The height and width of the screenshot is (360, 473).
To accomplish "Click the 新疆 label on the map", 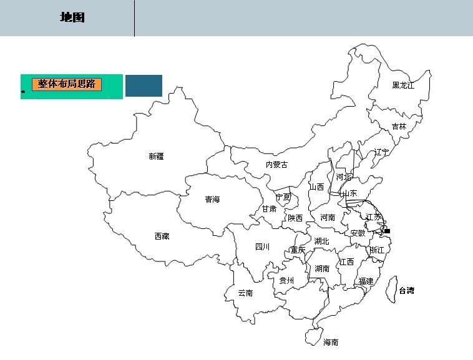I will [x=156, y=157].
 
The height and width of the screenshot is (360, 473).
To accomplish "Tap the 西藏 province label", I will [x=162, y=236].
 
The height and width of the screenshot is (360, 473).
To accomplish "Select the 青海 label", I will [x=213, y=200].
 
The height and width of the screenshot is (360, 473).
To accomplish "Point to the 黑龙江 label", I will [x=403, y=85].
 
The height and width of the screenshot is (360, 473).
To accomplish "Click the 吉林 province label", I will [x=399, y=126].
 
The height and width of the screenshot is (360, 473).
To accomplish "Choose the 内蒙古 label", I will [x=277, y=165].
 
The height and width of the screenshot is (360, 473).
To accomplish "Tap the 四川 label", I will [x=262, y=247].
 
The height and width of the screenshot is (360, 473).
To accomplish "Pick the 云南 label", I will [x=245, y=293].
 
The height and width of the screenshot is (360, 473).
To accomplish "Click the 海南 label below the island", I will [x=331, y=342].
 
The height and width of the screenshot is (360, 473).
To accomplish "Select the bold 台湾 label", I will [x=406, y=290].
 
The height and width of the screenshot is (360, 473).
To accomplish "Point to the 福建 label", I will [x=366, y=281].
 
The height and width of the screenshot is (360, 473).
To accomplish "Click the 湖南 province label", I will [x=322, y=269].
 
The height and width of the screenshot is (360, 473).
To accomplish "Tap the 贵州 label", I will [x=286, y=281].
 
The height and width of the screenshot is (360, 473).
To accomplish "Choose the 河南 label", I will [x=328, y=218].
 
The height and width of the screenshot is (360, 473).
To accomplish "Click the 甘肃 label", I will [x=270, y=208].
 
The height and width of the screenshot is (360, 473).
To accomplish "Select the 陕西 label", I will [x=295, y=218].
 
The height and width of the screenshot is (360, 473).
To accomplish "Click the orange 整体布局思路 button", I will [x=67, y=84].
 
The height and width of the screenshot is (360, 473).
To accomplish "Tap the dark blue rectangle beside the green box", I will [x=144, y=85].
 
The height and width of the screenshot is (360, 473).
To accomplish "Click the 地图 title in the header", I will [x=72, y=17].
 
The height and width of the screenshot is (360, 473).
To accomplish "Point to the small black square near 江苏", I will [x=387, y=231].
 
